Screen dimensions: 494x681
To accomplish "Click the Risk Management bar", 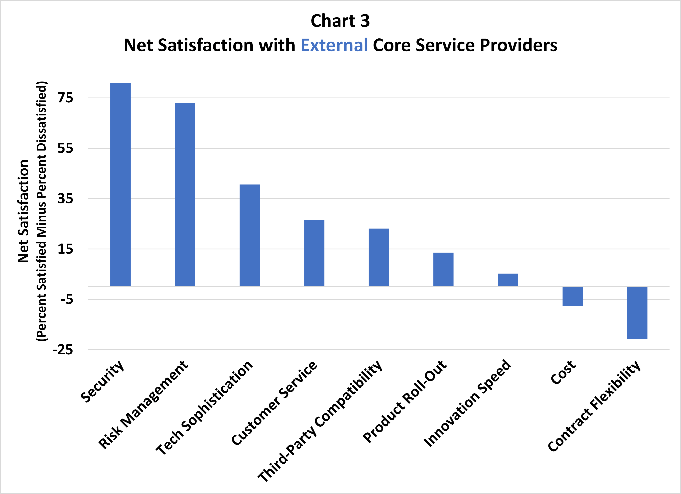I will [x=185, y=195].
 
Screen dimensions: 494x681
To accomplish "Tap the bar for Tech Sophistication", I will [x=249, y=235].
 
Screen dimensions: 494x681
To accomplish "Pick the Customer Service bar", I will [x=314, y=253].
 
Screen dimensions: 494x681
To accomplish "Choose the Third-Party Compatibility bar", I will [x=379, y=257].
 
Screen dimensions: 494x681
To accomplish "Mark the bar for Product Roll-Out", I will [x=443, y=269].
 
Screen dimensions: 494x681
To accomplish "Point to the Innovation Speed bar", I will [x=508, y=280].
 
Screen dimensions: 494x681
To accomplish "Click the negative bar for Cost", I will [x=572, y=297].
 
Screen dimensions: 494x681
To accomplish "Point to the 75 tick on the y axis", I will [x=65, y=98].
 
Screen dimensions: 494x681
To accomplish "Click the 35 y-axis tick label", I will [x=65, y=199].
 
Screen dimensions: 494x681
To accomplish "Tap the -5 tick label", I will [x=67, y=299].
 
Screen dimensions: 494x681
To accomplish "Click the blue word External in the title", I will [x=334, y=45].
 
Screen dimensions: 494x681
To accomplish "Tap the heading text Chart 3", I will [x=340, y=21].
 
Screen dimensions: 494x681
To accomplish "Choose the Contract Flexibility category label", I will [x=594, y=406].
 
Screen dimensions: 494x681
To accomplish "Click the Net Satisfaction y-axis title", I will [x=23, y=211].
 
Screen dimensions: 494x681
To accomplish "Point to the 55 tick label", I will [x=65, y=148].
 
